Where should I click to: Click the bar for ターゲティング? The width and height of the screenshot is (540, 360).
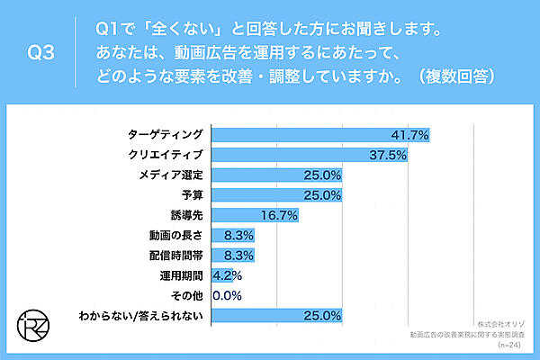319,135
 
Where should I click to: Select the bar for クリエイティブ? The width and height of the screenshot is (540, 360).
310,155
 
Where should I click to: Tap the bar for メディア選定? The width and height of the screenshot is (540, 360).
277,175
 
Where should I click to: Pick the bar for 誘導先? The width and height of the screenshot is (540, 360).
255,215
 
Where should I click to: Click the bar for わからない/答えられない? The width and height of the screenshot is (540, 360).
277,315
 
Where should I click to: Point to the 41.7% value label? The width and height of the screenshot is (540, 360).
409,135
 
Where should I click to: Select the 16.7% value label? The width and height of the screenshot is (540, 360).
277,215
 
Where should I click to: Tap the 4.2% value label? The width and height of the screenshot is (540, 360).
222,275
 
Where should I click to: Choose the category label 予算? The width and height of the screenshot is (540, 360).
192,195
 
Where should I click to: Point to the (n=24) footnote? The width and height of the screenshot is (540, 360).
512,345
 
